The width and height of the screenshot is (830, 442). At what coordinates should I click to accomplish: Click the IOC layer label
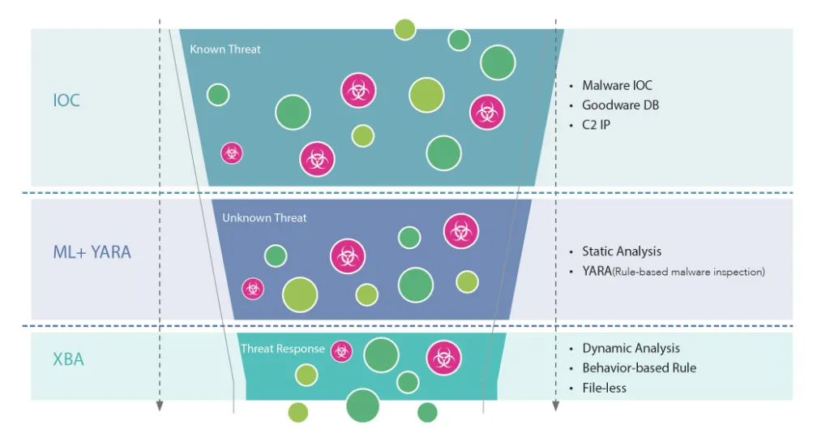[66, 101]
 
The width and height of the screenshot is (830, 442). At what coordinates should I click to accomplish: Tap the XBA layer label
[68, 359]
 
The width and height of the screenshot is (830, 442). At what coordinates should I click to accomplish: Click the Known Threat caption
[225, 49]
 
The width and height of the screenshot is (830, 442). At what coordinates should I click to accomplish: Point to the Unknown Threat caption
[264, 218]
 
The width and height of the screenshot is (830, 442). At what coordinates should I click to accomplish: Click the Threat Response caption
[282, 350]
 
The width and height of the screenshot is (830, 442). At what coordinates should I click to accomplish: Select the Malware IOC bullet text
[617, 85]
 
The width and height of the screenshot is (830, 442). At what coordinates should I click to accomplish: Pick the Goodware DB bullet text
[620, 105]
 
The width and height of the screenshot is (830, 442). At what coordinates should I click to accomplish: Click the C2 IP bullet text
[596, 125]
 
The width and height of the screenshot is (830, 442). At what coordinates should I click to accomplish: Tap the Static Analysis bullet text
[622, 251]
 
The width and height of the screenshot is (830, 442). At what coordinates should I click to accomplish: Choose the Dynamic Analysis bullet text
[631, 348]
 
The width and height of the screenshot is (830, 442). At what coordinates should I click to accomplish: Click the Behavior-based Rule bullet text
[639, 368]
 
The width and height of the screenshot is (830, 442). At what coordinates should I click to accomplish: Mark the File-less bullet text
[604, 388]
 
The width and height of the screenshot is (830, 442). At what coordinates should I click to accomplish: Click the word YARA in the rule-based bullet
[597, 272]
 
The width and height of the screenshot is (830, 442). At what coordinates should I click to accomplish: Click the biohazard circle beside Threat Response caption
[341, 351]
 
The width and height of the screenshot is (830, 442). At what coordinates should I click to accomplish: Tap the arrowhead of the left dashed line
[160, 406]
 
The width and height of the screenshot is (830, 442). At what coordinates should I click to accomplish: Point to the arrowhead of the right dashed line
[555, 406]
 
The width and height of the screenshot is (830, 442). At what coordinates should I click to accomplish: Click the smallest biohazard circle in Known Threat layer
[232, 152]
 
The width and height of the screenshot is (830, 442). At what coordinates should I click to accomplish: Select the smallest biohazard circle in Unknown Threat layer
[253, 288]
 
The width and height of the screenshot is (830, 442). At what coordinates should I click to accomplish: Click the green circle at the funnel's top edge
[405, 29]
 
